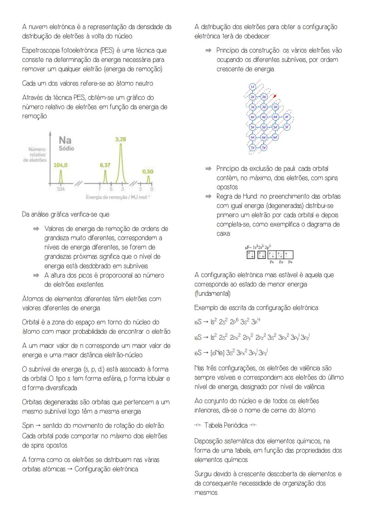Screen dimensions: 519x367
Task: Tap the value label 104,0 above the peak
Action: (60, 165)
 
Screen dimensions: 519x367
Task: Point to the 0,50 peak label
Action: (148, 172)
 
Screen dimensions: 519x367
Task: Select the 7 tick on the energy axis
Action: (100, 189)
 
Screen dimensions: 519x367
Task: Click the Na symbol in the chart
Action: (65, 140)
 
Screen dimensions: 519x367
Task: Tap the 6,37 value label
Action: (105, 165)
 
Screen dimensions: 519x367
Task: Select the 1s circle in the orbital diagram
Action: (252, 87)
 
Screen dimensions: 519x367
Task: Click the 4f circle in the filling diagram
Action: (286, 117)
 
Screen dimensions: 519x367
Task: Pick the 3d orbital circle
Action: (275, 107)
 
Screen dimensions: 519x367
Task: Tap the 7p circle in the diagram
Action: (264, 148)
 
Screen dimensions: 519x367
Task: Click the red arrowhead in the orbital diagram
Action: (275, 96)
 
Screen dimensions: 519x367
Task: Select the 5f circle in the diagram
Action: (286, 127)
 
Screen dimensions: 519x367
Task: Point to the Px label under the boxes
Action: (272, 262)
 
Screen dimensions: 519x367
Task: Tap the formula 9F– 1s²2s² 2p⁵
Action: (258, 247)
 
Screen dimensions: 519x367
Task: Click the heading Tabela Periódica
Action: (226, 425)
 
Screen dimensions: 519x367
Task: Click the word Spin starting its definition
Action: (28, 426)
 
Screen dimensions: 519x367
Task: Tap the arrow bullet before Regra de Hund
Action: (208, 196)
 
